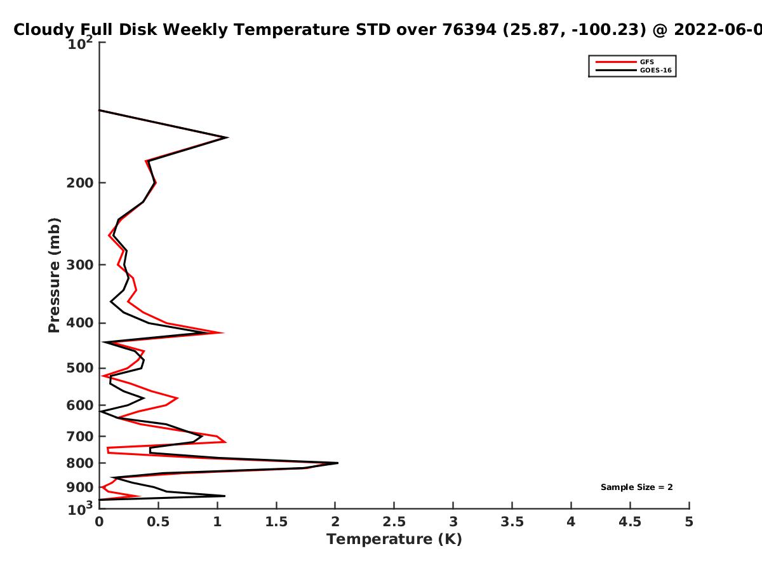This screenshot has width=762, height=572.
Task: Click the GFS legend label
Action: tap(646, 62)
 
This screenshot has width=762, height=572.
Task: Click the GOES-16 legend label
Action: tap(656, 70)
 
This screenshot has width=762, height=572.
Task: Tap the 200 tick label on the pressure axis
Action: tap(80, 182)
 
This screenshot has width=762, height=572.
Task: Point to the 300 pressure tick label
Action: tap(80, 265)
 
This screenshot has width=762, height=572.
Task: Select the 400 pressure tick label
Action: tap(80, 323)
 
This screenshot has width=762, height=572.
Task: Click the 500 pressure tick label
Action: tap(80, 368)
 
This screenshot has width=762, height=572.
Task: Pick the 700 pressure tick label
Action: tap(80, 436)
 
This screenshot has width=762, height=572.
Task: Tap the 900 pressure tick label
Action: tap(80, 487)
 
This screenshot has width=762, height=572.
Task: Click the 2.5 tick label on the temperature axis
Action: tap(394, 522)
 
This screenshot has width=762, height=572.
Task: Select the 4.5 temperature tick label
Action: tap(630, 522)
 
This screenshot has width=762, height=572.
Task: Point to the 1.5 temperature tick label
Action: tap(276, 522)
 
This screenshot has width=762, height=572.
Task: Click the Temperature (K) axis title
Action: tap(394, 540)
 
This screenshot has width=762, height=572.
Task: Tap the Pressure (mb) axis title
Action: tap(54, 275)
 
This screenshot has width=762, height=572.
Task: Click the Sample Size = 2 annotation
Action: tap(637, 487)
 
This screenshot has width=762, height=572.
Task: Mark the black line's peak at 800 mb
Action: tap(338, 463)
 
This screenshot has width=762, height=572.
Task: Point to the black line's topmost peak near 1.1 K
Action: tap(228, 137)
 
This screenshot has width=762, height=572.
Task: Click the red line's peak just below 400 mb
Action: tap(223, 332)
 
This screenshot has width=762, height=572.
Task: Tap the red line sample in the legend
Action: tap(616, 62)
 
